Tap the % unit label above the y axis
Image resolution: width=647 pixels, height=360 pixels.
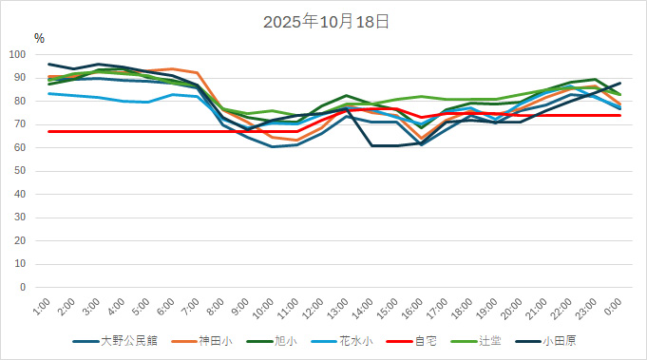point(39,38)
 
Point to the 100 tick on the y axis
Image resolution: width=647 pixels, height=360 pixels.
point(19,54)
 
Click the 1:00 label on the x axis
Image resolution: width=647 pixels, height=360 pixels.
point(41,307)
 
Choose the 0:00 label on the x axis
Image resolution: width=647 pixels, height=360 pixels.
point(613,307)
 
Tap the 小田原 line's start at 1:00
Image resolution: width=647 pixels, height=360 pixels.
point(48,64)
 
